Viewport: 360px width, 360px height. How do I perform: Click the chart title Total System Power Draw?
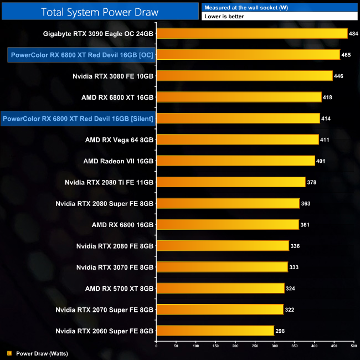click(x=99, y=12)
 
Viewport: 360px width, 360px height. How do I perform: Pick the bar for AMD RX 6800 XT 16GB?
click(x=239, y=97)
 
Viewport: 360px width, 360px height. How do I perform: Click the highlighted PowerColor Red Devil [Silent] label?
click(x=78, y=119)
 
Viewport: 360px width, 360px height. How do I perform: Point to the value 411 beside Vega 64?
click(x=325, y=140)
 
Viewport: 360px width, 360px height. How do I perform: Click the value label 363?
click(x=306, y=203)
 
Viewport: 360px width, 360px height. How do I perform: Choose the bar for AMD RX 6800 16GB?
click(x=228, y=224)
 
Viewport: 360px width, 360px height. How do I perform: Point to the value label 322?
click(x=290, y=310)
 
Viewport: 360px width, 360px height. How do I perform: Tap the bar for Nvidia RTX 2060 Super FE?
click(x=215, y=331)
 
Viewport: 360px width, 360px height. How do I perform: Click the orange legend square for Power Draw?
click(x=9, y=353)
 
